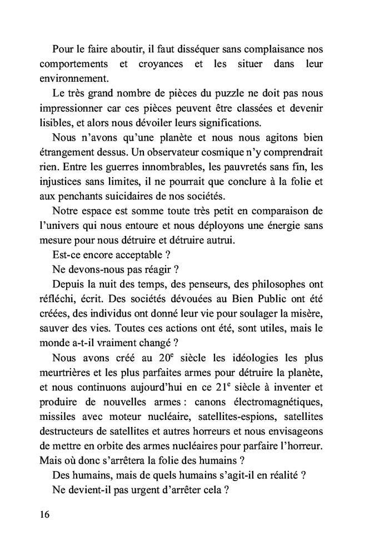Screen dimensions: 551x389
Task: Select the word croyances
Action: [x=160, y=64]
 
